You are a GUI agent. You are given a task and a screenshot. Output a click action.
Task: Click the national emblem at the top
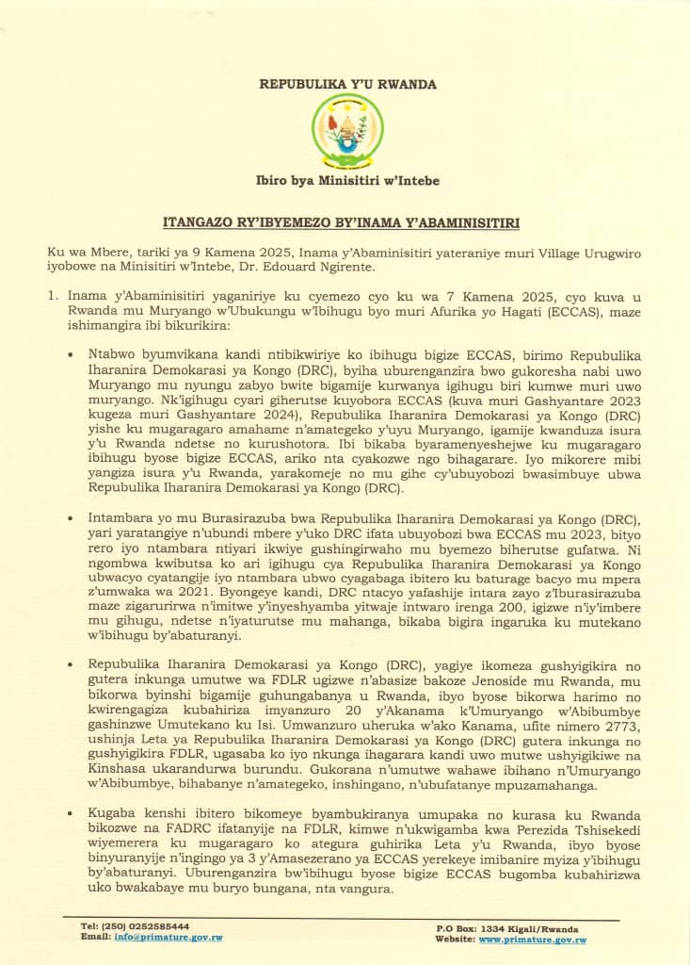347,131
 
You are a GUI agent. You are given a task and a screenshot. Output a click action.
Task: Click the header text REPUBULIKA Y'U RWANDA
347,84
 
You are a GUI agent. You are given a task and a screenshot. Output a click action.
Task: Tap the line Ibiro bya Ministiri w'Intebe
347,180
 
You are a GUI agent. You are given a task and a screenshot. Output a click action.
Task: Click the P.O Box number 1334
494,928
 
